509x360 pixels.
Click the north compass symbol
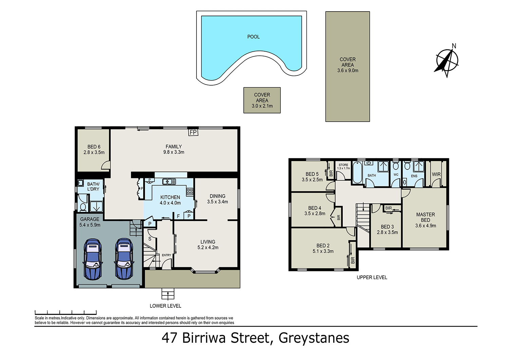(x=447, y=61)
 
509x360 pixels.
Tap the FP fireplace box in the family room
(x=193, y=132)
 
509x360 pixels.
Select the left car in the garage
(x=92, y=259)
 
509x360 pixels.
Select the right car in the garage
(x=124, y=259)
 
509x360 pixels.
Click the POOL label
(x=253, y=37)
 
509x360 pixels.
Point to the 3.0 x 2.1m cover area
(x=262, y=100)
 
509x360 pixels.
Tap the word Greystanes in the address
(x=314, y=338)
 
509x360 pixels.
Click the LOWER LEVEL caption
(x=166, y=306)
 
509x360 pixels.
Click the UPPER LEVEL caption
(x=372, y=277)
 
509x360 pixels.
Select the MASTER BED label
(x=426, y=217)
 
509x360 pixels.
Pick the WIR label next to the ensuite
(x=436, y=174)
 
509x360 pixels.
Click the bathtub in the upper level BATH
(x=357, y=173)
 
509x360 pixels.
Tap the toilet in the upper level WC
(x=395, y=166)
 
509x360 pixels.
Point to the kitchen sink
(x=169, y=182)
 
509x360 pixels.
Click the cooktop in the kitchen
(x=190, y=191)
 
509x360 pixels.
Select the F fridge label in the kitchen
(x=178, y=216)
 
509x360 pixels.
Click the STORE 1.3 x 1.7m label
(x=343, y=166)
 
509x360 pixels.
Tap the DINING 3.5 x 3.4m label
(x=218, y=199)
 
